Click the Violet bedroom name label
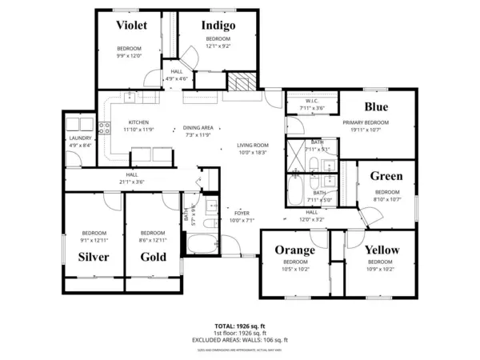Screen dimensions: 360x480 click(x=131, y=26)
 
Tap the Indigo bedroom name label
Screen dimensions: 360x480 click(x=218, y=26)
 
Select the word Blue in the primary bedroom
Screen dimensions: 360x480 click(x=376, y=106)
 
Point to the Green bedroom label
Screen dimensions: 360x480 click(x=386, y=177)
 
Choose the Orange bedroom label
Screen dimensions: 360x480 click(x=295, y=250)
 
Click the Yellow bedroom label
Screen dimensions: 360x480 click(x=382, y=250)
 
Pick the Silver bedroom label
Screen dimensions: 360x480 click(x=94, y=257)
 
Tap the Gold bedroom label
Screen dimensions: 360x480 click(x=153, y=257)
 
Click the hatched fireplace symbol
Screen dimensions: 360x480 click(x=241, y=82)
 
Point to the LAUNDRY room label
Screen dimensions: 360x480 click(x=81, y=138)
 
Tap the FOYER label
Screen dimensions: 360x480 click(x=241, y=213)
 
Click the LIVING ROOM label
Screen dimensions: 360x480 click(x=252, y=145)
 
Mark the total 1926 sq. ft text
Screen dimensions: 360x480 click(x=240, y=326)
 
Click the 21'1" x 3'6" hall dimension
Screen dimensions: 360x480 click(x=132, y=182)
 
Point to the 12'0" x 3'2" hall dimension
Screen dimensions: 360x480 click(x=311, y=219)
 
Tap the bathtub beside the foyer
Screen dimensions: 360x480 click(x=200, y=245)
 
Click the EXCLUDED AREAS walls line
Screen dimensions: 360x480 click(x=240, y=339)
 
